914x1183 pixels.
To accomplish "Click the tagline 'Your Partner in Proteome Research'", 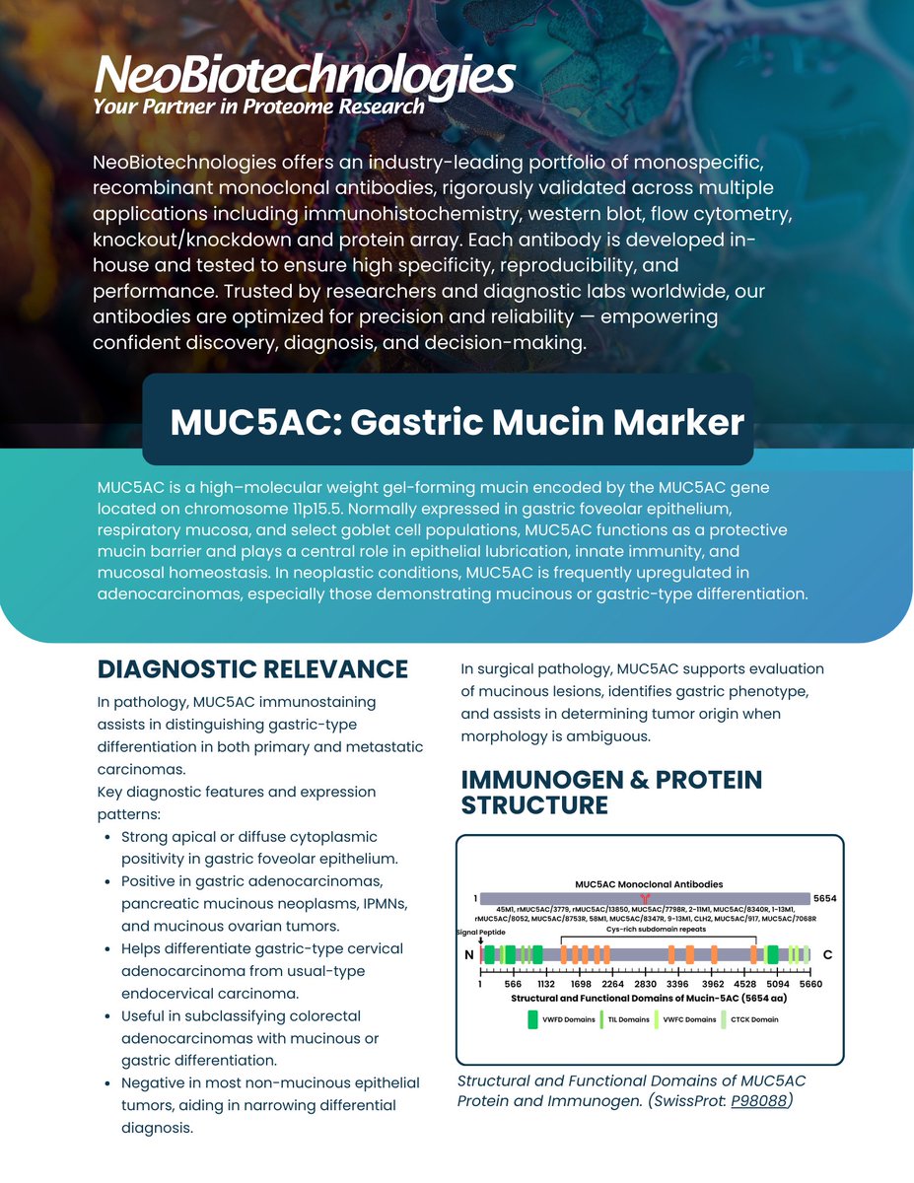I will point(258,106).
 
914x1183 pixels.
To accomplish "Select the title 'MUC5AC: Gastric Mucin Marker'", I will point(457,422).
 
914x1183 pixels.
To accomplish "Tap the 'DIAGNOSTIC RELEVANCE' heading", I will point(252,669).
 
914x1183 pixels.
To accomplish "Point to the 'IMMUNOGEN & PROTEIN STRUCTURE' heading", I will point(611,793).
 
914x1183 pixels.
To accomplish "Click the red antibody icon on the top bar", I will point(646,899).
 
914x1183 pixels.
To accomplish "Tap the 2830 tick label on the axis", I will point(645,984).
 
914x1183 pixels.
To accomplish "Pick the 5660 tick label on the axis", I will point(810,984).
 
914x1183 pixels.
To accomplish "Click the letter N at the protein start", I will point(468,955).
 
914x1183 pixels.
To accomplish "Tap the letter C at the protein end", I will point(827,955).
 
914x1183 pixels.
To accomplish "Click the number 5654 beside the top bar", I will point(824,899).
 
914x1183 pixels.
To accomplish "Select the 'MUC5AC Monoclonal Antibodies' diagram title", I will point(648,884).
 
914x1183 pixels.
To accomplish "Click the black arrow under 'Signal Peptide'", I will point(480,940).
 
